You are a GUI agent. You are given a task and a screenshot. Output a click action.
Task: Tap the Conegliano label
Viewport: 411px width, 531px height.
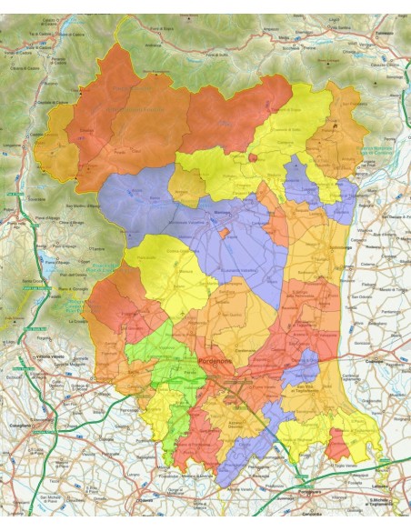pos(20,425)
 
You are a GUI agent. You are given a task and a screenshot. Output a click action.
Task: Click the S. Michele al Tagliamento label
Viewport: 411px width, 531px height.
pos(386,503)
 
